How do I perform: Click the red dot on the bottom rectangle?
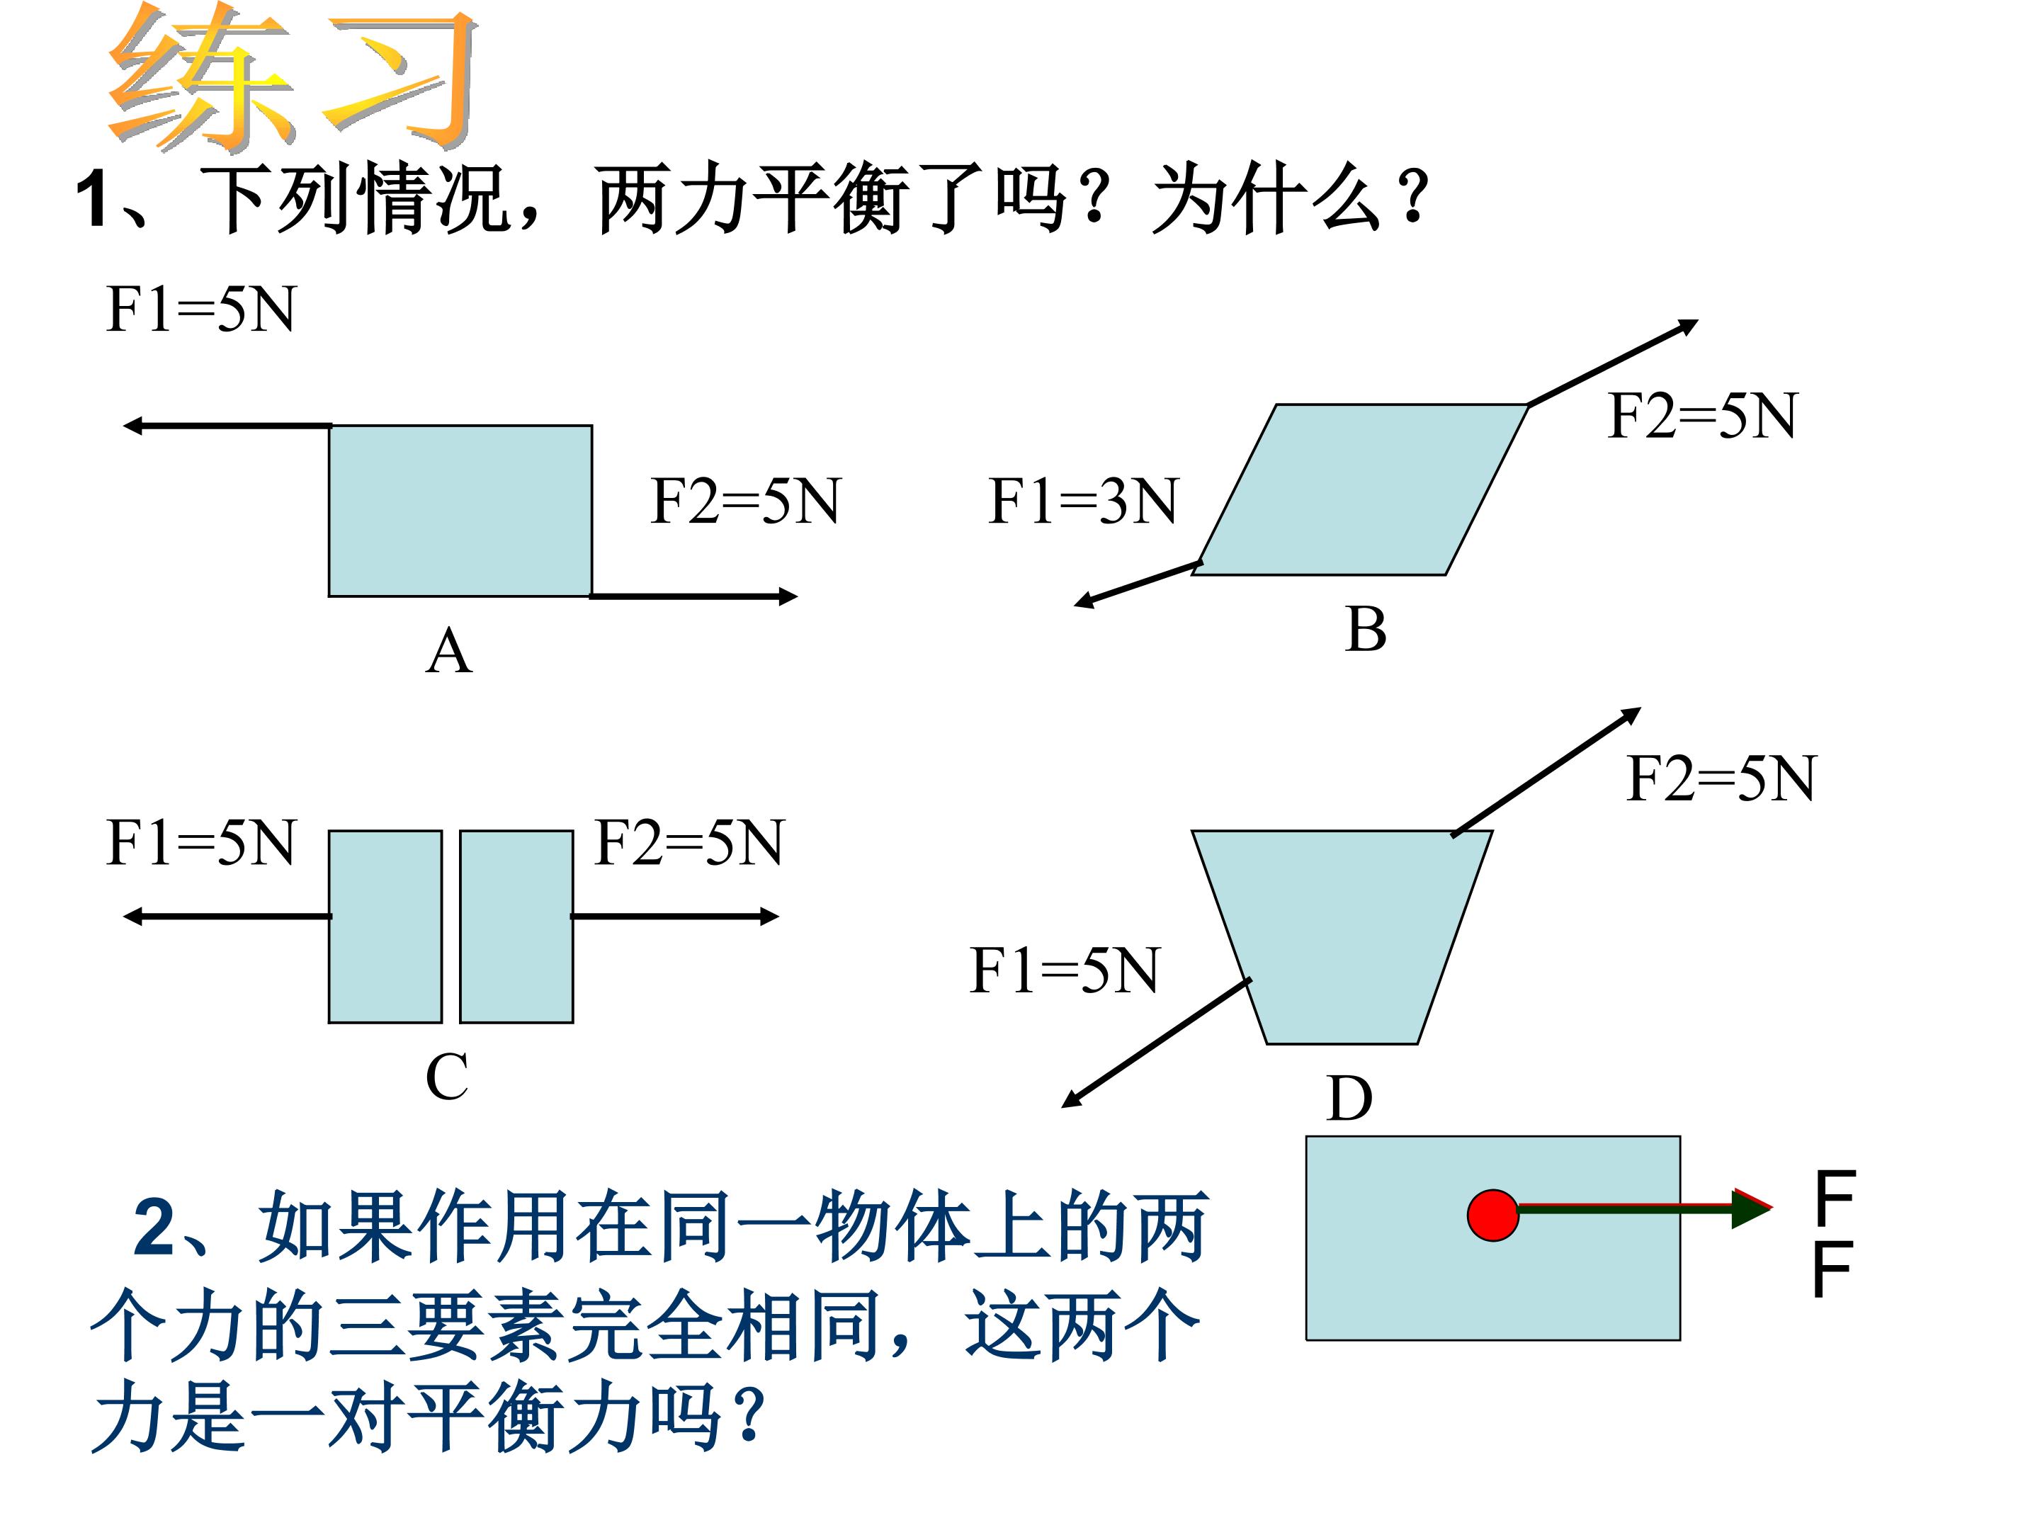[1492, 1215]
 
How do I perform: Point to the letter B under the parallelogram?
[1365, 629]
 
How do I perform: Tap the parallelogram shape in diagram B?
[1360, 489]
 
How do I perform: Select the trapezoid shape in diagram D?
[1342, 937]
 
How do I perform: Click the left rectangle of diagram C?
[385, 926]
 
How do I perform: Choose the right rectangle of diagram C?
[516, 926]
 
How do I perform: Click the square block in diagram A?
[460, 511]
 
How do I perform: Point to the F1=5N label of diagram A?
[201, 309]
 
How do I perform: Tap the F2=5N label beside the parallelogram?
[1702, 416]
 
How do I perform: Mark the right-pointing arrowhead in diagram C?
[769, 916]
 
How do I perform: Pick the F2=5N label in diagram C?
[689, 842]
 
